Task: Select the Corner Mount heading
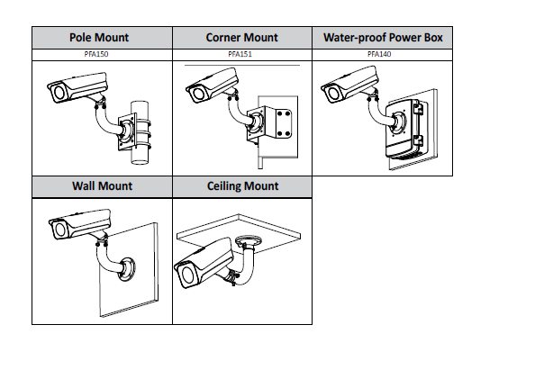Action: point(241,38)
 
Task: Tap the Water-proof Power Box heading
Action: point(383,38)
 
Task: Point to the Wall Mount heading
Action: point(102,186)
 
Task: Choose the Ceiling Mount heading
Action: point(242,186)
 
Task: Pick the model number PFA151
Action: point(241,55)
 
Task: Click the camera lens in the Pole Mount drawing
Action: point(55,93)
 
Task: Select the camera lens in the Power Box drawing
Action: point(331,93)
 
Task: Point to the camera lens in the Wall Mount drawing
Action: point(59,230)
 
